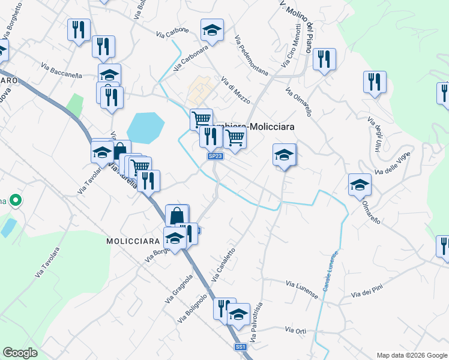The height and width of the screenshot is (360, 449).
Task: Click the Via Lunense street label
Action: coord(301,286)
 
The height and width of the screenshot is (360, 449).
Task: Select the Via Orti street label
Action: coord(296,331)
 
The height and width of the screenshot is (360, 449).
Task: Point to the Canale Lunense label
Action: coord(331,272)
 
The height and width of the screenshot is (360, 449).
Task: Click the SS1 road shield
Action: coord(241,347)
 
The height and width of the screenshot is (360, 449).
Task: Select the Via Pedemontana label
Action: coord(252,56)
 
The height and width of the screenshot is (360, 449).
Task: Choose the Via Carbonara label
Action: coord(191,58)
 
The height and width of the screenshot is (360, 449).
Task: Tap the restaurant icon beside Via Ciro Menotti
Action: coord(324,59)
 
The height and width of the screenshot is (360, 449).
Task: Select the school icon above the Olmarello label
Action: coord(360,184)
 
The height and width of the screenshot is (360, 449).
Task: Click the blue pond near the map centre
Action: coord(145,128)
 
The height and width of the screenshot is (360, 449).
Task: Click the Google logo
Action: coord(20,353)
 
